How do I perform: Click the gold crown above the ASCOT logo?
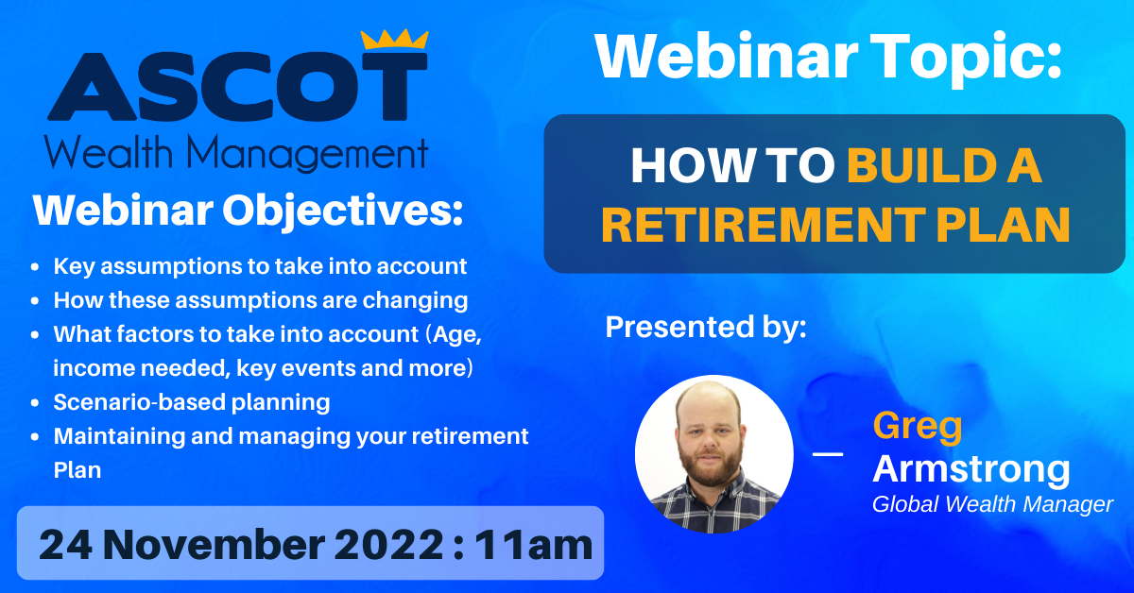(394, 39)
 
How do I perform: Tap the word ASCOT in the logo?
(237, 86)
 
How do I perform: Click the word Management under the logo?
(307, 153)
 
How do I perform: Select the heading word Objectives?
(342, 210)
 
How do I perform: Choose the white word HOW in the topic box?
(691, 165)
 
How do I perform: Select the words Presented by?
(706, 327)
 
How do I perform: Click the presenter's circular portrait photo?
(713, 454)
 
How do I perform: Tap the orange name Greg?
(918, 428)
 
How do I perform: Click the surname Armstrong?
(971, 470)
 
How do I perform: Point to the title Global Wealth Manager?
(992, 504)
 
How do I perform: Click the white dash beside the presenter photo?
(828, 454)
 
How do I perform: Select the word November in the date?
(215, 545)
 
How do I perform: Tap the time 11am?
(534, 545)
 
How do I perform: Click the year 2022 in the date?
(388, 545)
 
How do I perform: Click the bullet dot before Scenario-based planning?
(35, 403)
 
